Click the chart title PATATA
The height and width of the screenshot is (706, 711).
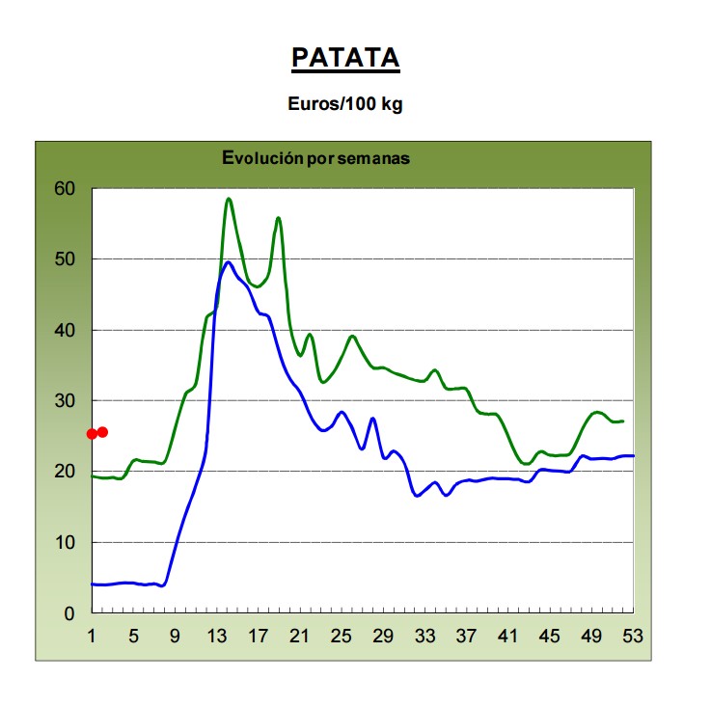point(345,58)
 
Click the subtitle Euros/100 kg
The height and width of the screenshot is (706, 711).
point(345,105)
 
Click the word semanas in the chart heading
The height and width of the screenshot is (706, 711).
point(377,159)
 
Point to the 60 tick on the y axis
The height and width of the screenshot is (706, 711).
point(64,189)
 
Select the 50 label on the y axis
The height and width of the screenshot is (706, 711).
point(64,259)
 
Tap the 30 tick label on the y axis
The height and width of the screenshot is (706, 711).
point(64,401)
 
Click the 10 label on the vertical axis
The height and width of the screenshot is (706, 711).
point(64,543)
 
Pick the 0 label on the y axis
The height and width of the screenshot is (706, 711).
point(69,613)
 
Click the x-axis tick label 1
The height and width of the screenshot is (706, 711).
point(92,637)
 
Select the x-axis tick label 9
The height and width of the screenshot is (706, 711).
point(176,637)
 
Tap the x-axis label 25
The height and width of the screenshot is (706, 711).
point(342,637)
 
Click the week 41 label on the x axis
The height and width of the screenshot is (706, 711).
point(507,637)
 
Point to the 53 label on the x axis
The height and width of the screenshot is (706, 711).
point(633,637)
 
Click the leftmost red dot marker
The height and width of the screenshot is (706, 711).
point(92,434)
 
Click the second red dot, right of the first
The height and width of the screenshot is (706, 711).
point(102,432)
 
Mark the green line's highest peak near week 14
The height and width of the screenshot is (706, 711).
point(229,199)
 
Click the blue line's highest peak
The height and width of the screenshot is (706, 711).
point(229,261)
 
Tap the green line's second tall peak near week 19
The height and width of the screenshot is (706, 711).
point(278,218)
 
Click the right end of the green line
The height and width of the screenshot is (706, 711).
point(623,421)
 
